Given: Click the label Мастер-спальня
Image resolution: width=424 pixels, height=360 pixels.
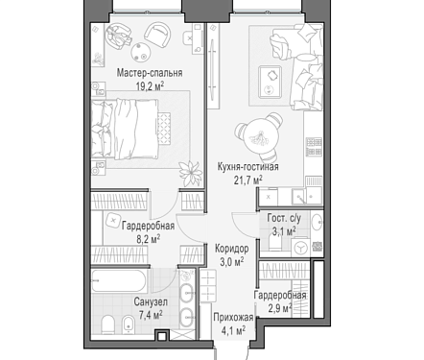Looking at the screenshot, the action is tap(150, 73).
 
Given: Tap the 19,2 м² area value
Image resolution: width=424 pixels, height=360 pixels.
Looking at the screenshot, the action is tap(150, 86).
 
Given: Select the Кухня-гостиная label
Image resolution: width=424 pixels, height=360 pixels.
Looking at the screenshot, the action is tap(247, 167).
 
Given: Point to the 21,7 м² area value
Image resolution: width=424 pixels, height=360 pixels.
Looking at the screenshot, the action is tap(248, 180).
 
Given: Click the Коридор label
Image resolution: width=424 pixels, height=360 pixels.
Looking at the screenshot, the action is tap(232, 249).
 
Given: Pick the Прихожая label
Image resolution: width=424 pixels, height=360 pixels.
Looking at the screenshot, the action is tap(233, 318).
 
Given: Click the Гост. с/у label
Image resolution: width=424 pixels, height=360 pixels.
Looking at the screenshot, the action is tap(284, 218).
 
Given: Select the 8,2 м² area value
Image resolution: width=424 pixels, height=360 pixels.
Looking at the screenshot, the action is tap(149, 239).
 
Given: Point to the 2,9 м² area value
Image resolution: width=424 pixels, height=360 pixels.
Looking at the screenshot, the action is tap(280, 308).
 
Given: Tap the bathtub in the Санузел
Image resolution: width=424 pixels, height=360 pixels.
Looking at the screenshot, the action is tap(119, 281).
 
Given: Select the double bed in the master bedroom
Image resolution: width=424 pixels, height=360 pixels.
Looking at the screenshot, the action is tap(125, 129).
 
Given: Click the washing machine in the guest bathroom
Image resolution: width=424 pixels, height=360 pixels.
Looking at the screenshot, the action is tap(300, 247).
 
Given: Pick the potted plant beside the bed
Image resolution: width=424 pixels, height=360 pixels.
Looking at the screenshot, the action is tap(191, 173).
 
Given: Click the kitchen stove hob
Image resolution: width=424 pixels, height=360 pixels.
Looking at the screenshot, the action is tap(314, 147).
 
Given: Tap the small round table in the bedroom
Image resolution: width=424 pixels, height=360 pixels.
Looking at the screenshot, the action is tap(140, 52).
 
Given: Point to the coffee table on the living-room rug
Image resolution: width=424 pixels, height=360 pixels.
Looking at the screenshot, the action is tap(271, 82).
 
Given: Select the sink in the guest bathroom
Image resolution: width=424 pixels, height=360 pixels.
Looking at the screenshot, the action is tap(318, 222).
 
